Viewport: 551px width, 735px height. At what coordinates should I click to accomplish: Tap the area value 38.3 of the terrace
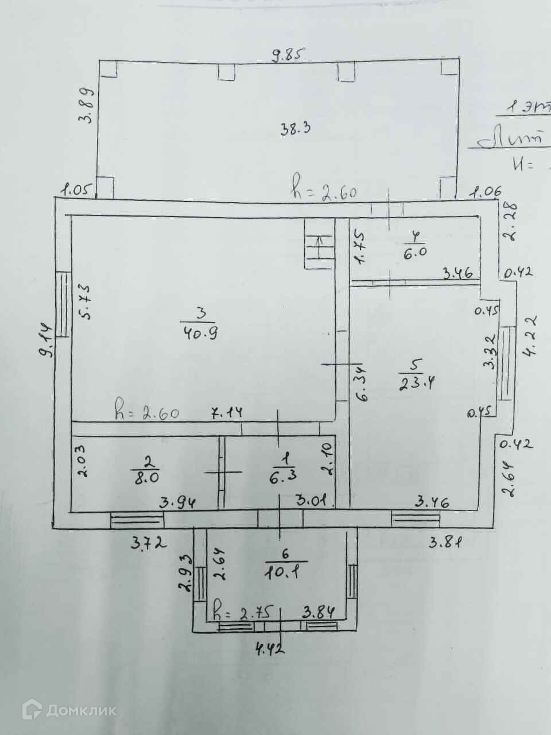point(295,129)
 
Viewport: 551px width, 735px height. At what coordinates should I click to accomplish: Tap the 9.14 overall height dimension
point(46,341)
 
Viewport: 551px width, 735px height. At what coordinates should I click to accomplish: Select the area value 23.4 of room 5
point(416,381)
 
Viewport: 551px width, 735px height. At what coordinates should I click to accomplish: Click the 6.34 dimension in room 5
point(361,384)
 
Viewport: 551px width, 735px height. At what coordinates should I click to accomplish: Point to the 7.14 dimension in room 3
point(228,412)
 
